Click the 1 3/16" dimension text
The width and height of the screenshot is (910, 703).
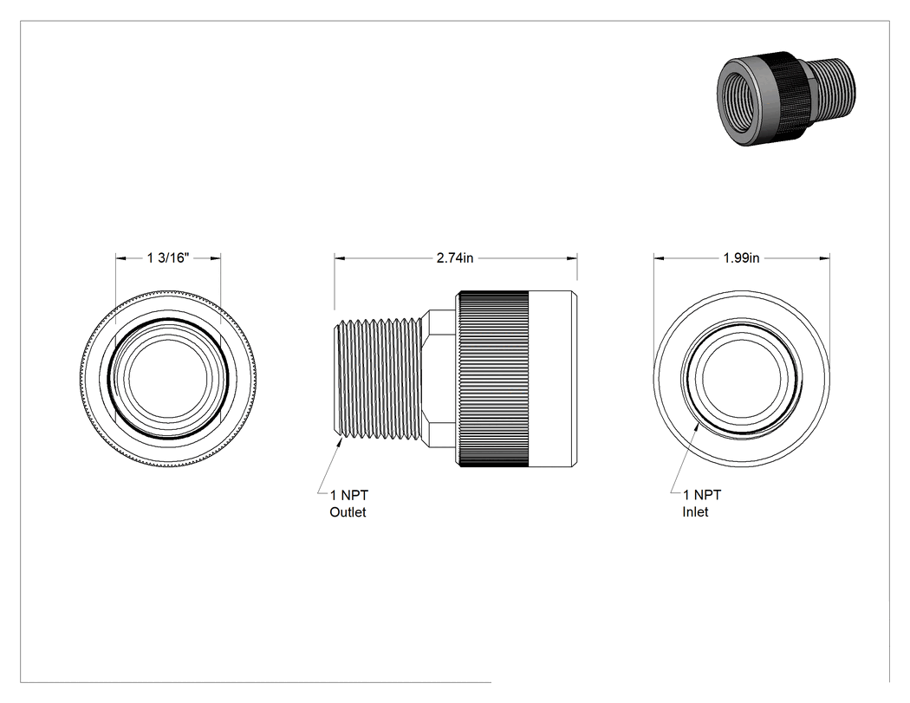pos(168,257)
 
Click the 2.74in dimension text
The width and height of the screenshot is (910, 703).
pos(455,257)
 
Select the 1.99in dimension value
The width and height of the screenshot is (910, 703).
pos(741,257)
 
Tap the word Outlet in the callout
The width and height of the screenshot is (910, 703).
pos(348,512)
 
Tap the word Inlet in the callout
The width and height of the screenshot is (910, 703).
pos(695,512)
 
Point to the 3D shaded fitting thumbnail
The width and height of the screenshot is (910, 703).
pos(786,99)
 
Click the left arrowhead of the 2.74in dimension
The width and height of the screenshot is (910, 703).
pos(340,258)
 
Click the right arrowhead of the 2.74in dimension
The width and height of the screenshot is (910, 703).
pos(572,258)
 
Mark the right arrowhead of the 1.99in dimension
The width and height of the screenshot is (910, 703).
pos(824,258)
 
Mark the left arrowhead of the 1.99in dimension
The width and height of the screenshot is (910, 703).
pos(660,258)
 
